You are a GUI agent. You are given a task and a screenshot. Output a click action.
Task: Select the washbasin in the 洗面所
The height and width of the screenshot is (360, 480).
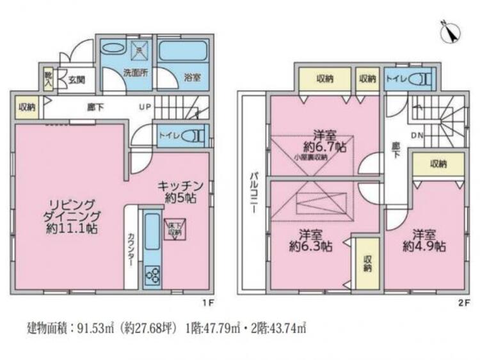click(x=115, y=49)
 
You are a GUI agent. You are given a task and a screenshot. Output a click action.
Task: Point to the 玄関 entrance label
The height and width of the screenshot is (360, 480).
click(x=76, y=81)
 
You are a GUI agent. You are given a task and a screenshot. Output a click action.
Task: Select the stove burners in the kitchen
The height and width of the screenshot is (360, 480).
click(x=154, y=276)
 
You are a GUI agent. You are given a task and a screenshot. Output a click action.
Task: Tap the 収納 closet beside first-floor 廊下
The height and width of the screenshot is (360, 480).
click(x=26, y=107)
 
